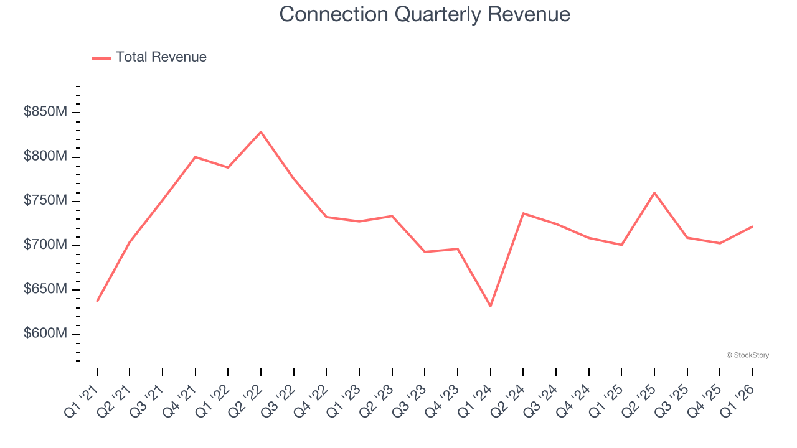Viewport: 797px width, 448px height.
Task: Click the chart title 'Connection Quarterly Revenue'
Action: tap(425, 14)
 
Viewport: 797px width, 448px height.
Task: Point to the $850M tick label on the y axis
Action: tap(45, 113)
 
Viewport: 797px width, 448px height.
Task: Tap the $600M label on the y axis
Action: tap(45, 334)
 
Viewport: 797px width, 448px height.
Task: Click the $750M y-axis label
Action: tap(45, 201)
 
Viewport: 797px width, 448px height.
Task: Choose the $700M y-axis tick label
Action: tap(45, 245)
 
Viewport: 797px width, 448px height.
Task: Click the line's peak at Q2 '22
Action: tap(261, 132)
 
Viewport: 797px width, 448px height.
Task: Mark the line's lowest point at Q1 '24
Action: tap(491, 306)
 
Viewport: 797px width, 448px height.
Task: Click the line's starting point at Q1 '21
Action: tap(97, 301)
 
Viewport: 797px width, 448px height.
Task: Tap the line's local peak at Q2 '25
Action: tap(654, 193)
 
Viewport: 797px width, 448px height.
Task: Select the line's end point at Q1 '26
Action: tap(752, 226)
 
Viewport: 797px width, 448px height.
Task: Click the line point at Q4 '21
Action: tap(196, 157)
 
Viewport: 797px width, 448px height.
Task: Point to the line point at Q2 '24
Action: tap(523, 213)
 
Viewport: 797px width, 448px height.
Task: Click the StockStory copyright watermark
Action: tap(747, 355)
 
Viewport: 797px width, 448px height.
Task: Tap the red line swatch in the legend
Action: tap(101, 58)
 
